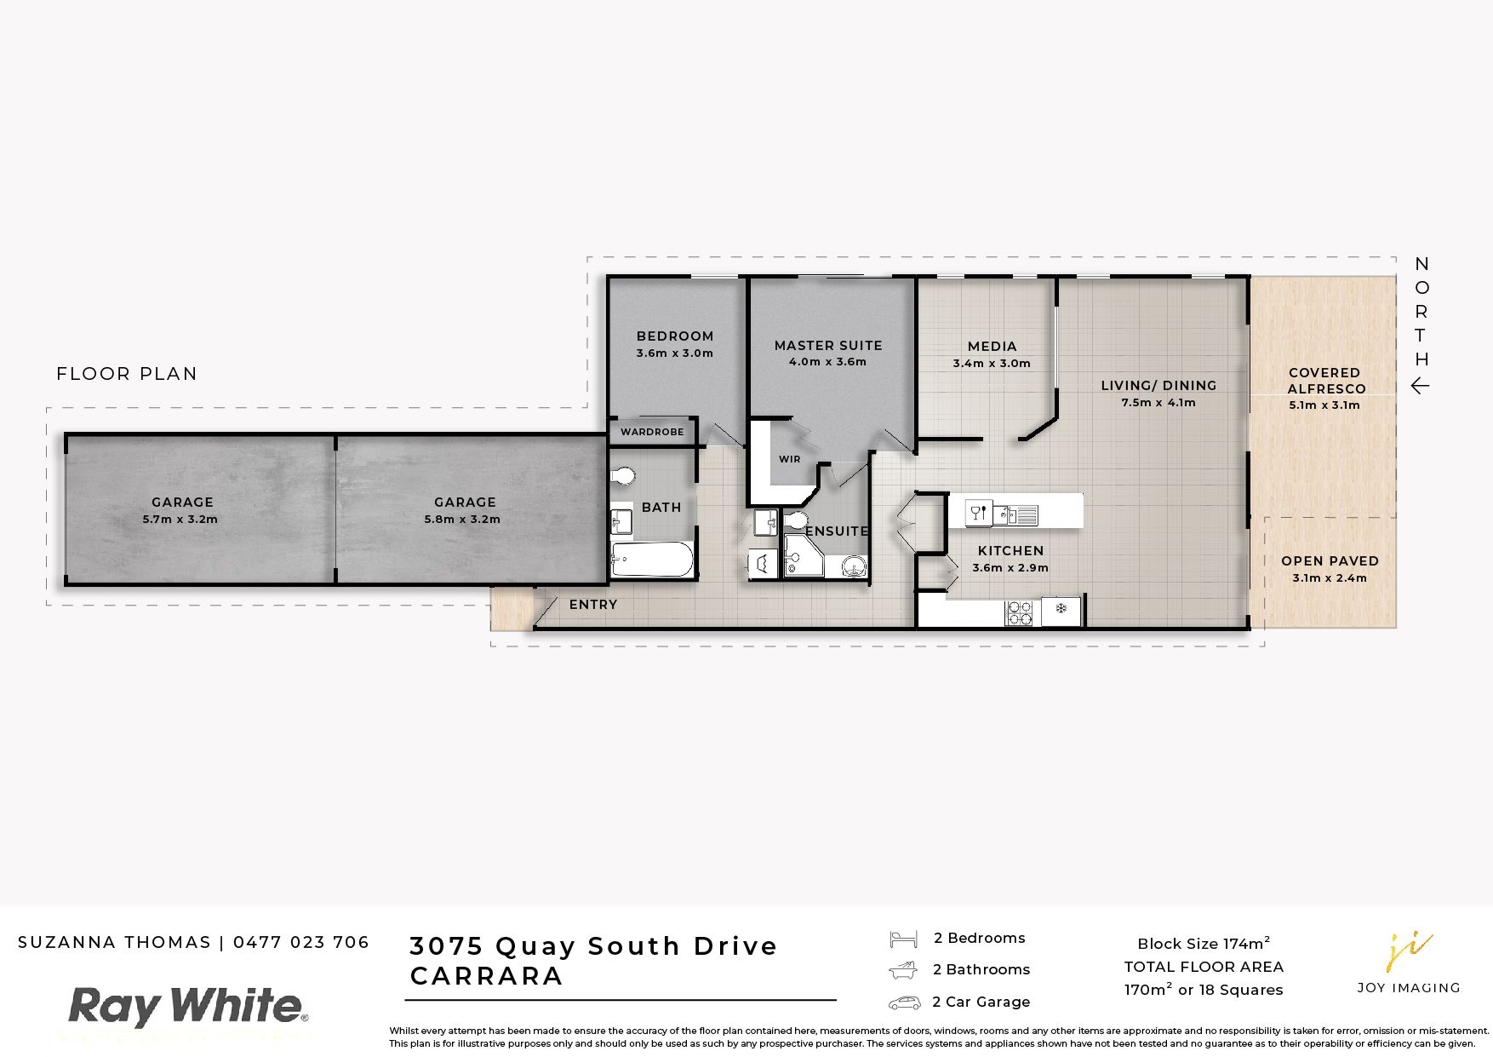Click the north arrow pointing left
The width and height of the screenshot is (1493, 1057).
tap(1420, 386)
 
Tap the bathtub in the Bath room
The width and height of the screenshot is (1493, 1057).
tap(652, 560)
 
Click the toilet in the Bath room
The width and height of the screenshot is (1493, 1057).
tap(624, 475)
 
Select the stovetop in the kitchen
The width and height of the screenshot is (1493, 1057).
tap(1020, 612)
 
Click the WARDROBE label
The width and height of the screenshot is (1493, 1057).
tap(652, 432)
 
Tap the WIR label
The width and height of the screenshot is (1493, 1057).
tap(790, 459)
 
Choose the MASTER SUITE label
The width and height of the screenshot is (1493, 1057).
tap(828, 345)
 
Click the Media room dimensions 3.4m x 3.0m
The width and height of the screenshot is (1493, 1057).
tap(992, 363)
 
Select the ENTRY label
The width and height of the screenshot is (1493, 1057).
tap(593, 605)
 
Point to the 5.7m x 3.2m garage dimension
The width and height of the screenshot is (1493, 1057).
tap(180, 519)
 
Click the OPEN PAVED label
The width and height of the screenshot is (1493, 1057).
tap(1330, 560)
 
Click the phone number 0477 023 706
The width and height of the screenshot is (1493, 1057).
tap(301, 942)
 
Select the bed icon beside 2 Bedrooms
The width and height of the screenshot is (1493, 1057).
tap(903, 939)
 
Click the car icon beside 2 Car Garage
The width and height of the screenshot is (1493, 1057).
tap(904, 1002)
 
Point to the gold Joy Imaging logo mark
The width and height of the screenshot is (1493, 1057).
tap(1409, 952)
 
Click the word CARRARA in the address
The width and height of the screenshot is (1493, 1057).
tap(487, 976)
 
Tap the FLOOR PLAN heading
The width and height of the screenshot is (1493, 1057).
tap(127, 373)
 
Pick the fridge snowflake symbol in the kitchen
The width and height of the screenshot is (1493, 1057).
tap(1061, 608)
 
